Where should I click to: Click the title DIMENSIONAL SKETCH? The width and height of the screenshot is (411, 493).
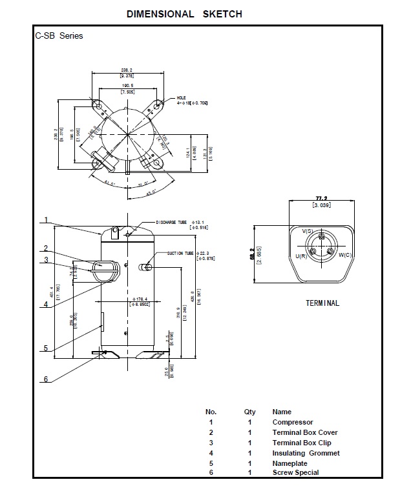click(184, 14)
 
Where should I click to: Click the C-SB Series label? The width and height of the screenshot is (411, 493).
click(59, 36)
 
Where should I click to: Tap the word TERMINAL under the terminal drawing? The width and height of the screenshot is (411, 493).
click(322, 303)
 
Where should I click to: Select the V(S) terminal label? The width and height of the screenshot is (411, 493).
click(307, 231)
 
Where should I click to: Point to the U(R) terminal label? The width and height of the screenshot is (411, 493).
click(300, 256)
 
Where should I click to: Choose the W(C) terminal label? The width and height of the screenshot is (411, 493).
click(344, 255)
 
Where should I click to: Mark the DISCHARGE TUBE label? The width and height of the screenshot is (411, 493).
click(171, 222)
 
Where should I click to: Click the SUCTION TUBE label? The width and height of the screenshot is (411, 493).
click(180, 254)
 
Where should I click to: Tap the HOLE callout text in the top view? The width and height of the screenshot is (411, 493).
click(181, 97)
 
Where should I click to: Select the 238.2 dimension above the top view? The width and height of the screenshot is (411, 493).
click(126, 69)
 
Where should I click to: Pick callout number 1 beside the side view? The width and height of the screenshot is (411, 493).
click(47, 220)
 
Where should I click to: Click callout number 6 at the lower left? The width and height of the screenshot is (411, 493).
click(46, 379)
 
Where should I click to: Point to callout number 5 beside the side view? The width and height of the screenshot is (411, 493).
click(46, 348)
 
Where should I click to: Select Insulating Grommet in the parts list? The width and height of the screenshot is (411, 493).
click(306, 453)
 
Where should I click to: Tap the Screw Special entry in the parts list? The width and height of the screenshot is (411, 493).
click(295, 473)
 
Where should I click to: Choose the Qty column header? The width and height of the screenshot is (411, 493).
click(249, 412)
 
